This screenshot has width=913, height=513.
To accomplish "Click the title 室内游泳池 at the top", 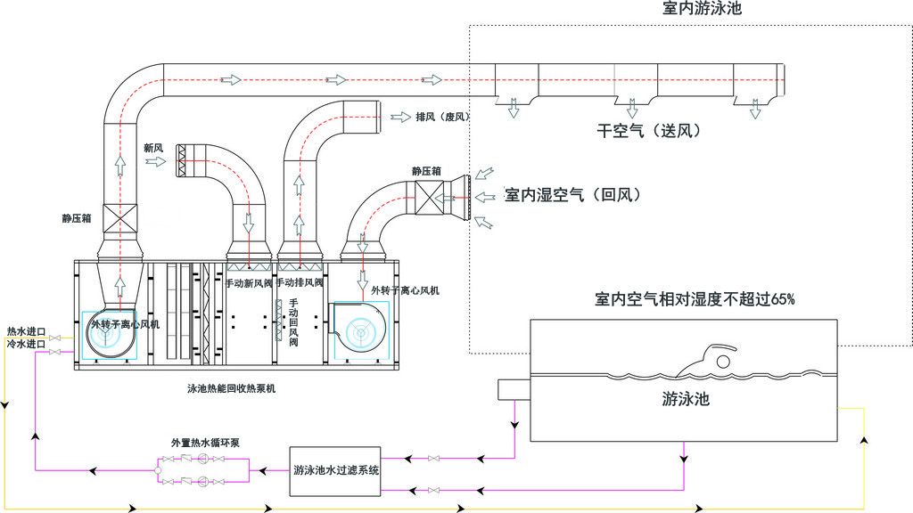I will click(x=703, y=10).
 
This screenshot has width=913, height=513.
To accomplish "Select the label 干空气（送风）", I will click(x=649, y=131).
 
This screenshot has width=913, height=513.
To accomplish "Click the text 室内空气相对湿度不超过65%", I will click(x=695, y=299).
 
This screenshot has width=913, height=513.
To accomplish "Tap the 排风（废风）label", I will click(x=442, y=117).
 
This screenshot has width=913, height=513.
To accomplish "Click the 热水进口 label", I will click(x=26, y=331).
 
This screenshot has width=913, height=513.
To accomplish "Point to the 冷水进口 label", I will click(x=26, y=344).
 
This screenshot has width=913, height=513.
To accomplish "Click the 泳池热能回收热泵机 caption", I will click(x=232, y=388).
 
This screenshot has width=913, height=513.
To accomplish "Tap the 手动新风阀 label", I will click(x=248, y=283).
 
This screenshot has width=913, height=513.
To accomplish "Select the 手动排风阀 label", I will click(x=300, y=282).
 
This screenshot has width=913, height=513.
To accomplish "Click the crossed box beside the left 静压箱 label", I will click(x=119, y=216).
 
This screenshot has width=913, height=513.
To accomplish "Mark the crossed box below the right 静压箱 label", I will click(x=427, y=196).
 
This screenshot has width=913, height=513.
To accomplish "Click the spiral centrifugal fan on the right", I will click(x=360, y=329).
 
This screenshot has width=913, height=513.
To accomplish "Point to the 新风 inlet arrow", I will click(x=155, y=161).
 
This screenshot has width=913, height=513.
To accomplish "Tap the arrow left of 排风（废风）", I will click(x=399, y=117).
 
